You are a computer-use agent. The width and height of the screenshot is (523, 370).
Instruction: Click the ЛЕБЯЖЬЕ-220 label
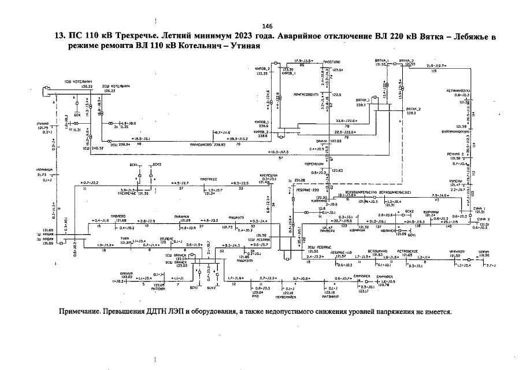point(307,189)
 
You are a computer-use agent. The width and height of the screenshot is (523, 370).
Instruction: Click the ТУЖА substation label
point(125,237)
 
